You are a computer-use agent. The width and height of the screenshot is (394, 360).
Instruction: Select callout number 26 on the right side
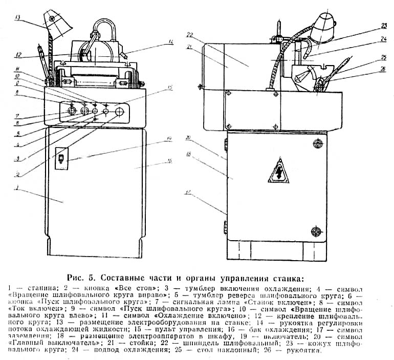pyautogui.click(x=383, y=69)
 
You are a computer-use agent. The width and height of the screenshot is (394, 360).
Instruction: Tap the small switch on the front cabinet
pyautogui.click(x=60, y=159)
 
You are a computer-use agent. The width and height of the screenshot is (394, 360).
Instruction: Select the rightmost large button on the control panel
pyautogui.click(x=120, y=111)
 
